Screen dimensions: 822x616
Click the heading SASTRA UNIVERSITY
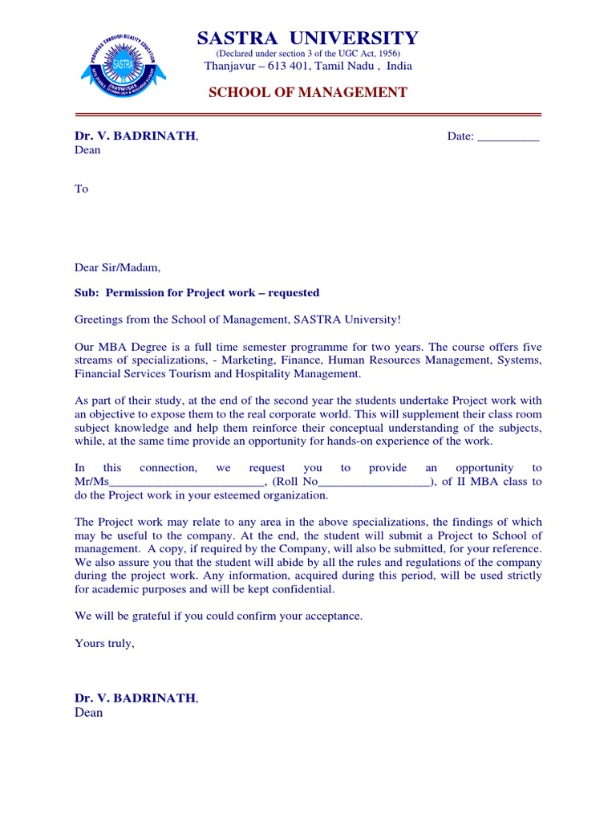click(308, 39)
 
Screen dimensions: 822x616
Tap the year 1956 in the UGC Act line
click(385, 53)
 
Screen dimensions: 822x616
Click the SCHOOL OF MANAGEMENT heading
click(308, 92)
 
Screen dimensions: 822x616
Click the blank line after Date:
click(509, 136)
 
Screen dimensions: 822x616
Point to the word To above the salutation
click(81, 189)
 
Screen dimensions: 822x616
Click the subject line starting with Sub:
click(197, 293)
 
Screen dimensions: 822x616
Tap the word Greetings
click(99, 319)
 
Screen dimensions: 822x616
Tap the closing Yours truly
click(105, 643)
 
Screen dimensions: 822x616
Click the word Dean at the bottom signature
click(88, 713)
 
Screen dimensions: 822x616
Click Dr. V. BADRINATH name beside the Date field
click(136, 136)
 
